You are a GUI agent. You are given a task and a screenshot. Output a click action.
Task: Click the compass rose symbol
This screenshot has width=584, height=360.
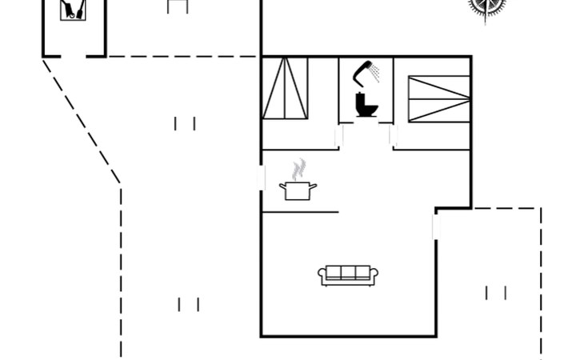tap(486, 6)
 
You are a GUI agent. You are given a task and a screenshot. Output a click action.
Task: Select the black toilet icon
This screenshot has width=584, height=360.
tap(366, 105)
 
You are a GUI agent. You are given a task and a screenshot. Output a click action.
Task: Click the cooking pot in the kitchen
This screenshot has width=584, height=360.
tap(298, 190)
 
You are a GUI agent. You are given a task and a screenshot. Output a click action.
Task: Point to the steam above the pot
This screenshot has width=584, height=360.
tap(299, 169)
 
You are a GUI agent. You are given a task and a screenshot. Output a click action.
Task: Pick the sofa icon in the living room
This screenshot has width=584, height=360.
tap(348, 274)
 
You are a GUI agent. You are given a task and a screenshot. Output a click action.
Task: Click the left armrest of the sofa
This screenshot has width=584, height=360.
tap(322, 276)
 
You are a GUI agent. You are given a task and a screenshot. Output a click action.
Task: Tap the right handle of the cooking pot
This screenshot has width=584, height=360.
tap(313, 186)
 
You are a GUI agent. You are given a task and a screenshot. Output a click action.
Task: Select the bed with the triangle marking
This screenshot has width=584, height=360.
tap(286, 88)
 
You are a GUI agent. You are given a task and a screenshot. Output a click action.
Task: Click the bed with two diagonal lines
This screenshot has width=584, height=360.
tap(438, 98)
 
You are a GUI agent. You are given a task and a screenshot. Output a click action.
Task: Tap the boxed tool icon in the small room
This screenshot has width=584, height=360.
tap(73, 10)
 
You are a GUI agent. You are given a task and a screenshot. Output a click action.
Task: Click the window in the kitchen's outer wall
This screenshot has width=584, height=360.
tap(262, 178)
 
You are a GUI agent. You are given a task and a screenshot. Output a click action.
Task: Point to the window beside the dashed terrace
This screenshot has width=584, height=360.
tap(435, 226)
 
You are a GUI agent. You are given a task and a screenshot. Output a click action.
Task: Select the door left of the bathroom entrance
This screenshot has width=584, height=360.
tap(339, 136)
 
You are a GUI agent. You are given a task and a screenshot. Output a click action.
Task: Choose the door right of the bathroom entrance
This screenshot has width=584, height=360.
tap(393, 136)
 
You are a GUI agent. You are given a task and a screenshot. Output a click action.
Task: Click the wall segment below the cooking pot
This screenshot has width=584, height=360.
tap(300, 212)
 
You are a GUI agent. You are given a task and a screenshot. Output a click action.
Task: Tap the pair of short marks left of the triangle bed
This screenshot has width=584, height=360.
tap(185, 123)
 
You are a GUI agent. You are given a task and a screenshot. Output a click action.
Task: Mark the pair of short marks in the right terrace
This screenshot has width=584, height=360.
tap(496, 293)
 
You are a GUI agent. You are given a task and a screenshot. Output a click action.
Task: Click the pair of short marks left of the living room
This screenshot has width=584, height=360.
tap(189, 304)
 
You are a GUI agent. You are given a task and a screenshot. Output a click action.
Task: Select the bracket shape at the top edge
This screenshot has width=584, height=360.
tap(178, 6)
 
